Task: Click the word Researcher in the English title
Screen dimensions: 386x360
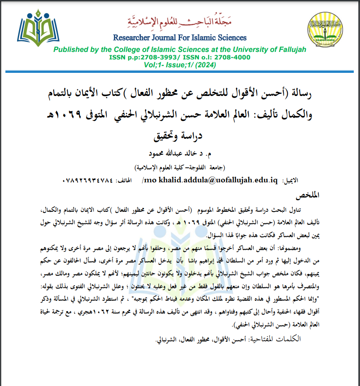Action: click(131, 38)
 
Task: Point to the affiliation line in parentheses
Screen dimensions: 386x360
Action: click(180, 167)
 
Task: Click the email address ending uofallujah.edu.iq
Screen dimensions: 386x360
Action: click(210, 181)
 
